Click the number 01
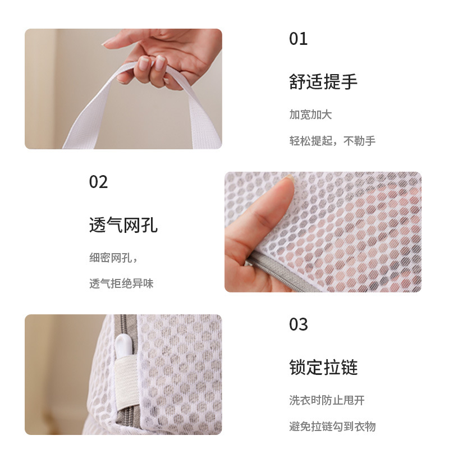[299, 39]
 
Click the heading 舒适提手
[323, 81]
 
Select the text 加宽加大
[310, 114]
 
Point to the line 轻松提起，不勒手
[332, 141]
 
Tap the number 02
[98, 182]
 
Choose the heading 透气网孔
[123, 225]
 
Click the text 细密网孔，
[113, 258]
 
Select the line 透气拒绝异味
[121, 284]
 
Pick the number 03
[299, 324]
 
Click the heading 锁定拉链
[323, 368]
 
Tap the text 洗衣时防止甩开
[327, 400]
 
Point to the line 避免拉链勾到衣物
[332, 427]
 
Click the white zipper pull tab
[123, 346]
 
